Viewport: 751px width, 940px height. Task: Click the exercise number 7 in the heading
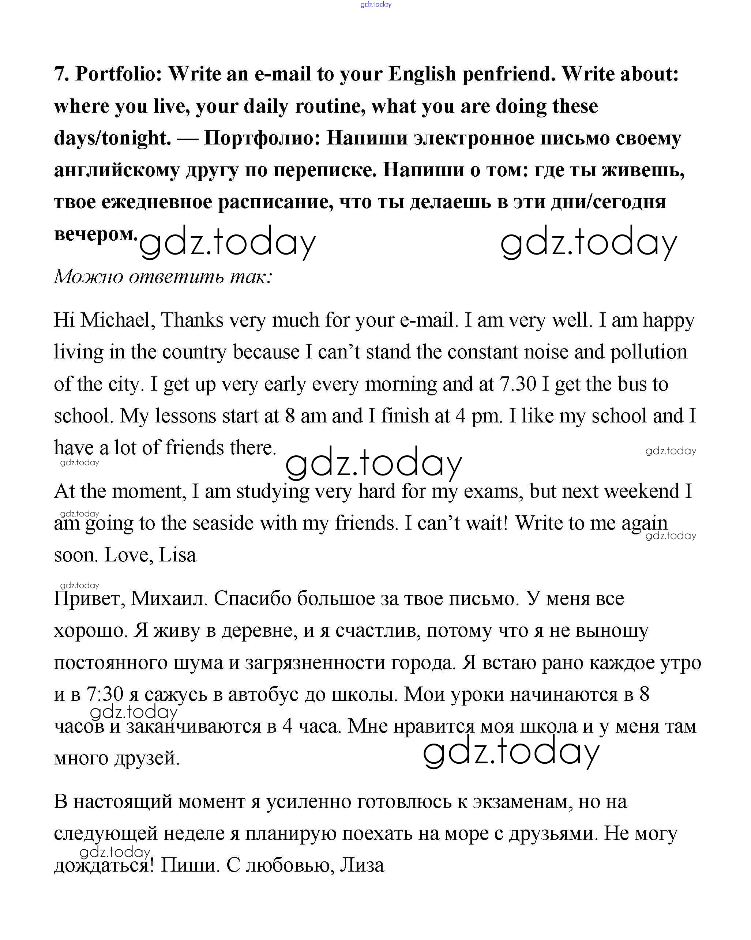point(61,74)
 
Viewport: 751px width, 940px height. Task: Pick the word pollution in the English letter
point(649,352)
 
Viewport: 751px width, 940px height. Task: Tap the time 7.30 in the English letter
point(518,384)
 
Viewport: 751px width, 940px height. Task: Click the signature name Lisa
point(177,555)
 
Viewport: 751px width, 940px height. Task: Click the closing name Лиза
point(362,865)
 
